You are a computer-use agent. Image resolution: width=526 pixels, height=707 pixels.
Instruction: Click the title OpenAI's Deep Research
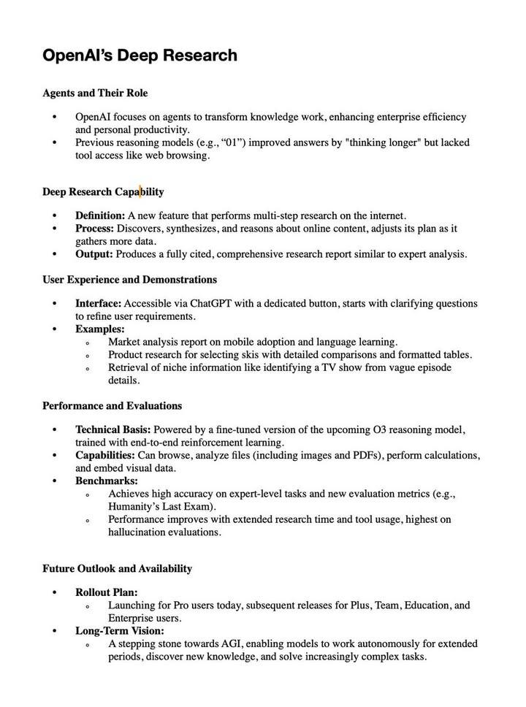coord(140,56)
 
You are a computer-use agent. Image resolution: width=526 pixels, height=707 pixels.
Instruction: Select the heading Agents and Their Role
coord(95,93)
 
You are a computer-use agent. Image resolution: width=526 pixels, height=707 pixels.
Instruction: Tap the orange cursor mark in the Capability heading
coord(140,191)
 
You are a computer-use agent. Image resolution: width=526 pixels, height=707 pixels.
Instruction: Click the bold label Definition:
coord(100,215)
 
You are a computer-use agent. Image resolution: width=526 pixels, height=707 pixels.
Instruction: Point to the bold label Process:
coord(94,229)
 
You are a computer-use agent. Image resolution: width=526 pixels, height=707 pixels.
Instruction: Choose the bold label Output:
coord(94,254)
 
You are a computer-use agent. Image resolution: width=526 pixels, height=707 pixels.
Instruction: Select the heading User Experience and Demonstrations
coord(129,280)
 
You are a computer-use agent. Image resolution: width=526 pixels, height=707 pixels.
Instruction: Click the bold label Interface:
coord(98,303)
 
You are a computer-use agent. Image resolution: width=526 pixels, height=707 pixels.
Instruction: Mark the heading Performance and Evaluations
coord(112,406)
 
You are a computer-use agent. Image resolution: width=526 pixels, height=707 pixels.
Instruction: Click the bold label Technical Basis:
coord(113,429)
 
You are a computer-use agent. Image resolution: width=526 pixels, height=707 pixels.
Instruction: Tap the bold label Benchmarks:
coord(106,481)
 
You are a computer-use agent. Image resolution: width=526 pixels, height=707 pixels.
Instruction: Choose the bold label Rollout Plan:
coord(106,592)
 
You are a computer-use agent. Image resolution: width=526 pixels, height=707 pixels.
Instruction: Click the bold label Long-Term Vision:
coord(119,631)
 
